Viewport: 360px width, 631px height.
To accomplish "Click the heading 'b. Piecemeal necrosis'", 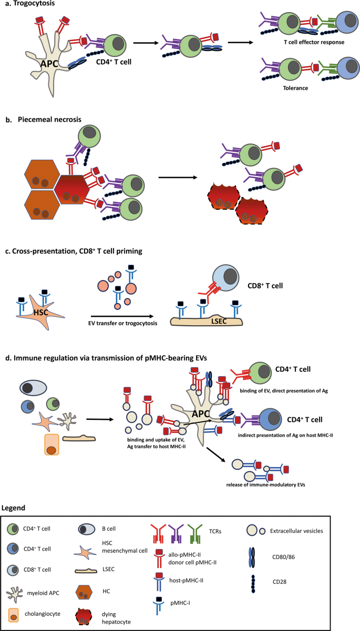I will (x=43, y=119).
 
